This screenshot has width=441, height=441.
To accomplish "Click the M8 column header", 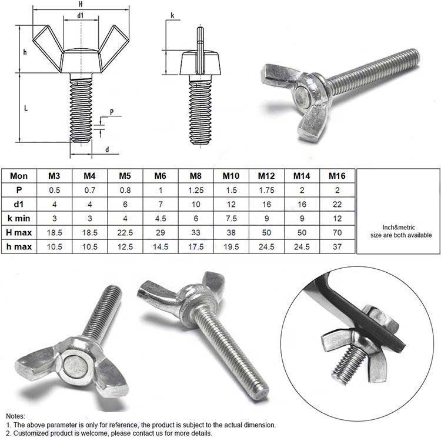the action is point(196,176).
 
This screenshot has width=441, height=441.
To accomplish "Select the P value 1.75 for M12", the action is point(266,191).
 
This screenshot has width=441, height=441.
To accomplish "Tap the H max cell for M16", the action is point(337,233).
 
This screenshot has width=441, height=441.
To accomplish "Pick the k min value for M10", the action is point(231,219).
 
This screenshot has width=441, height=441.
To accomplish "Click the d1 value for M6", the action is point(161,205).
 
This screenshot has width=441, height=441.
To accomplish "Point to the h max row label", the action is point(19,246).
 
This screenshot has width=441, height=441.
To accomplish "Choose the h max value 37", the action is point(337,246).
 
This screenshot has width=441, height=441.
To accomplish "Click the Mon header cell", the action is point(19,176).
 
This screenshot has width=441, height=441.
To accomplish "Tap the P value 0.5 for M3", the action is point(55,191).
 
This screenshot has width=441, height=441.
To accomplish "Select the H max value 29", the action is point(161,233).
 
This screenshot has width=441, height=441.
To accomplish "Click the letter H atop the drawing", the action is point(81,4).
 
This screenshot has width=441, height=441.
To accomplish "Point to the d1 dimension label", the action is point(81,15).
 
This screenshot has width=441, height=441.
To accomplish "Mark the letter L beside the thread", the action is point(26,108).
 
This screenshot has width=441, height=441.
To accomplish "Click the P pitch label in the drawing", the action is point(112,112).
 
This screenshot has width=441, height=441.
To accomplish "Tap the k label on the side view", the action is point(172,15).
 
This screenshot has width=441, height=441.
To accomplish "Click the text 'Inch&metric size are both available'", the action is point(401,231).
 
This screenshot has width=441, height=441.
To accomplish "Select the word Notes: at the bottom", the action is point(15,416).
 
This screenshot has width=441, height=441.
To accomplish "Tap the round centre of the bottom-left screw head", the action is point(75,366).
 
